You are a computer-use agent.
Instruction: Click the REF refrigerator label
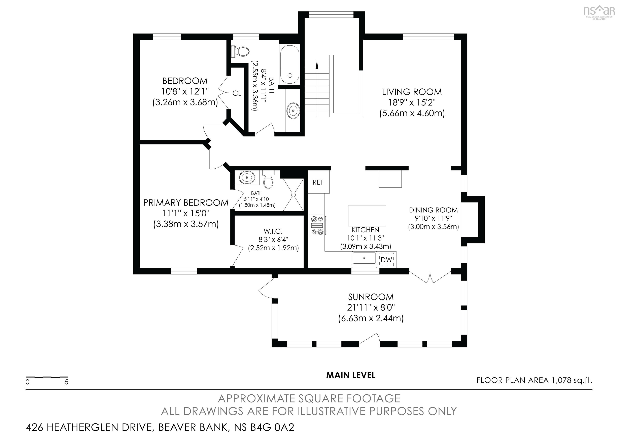(x=318, y=182)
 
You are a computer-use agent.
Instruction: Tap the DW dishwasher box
(x=386, y=260)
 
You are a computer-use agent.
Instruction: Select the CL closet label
(x=237, y=93)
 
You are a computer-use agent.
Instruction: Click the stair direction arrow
(x=316, y=66)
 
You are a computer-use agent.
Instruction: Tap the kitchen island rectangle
(x=367, y=216)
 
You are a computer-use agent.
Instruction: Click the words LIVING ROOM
(x=412, y=92)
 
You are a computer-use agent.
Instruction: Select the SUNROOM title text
(x=371, y=297)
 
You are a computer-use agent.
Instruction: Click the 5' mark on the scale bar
(x=67, y=382)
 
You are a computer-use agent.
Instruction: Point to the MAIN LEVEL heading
(x=350, y=375)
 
